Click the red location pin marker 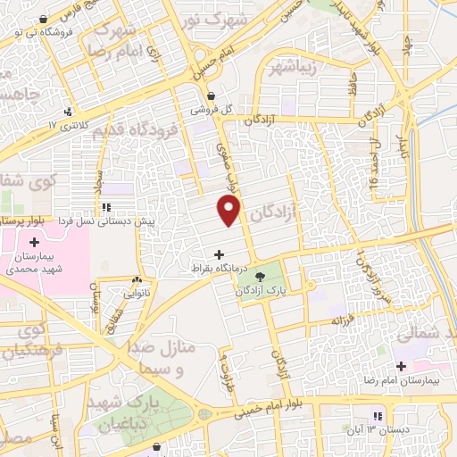tap(229, 211)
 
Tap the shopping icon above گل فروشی tap(211, 96)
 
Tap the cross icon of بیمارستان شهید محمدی tap(34, 242)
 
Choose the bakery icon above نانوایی tap(138, 279)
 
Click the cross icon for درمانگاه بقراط tap(220, 254)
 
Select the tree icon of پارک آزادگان tap(262, 277)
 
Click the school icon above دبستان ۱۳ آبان tap(379, 416)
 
